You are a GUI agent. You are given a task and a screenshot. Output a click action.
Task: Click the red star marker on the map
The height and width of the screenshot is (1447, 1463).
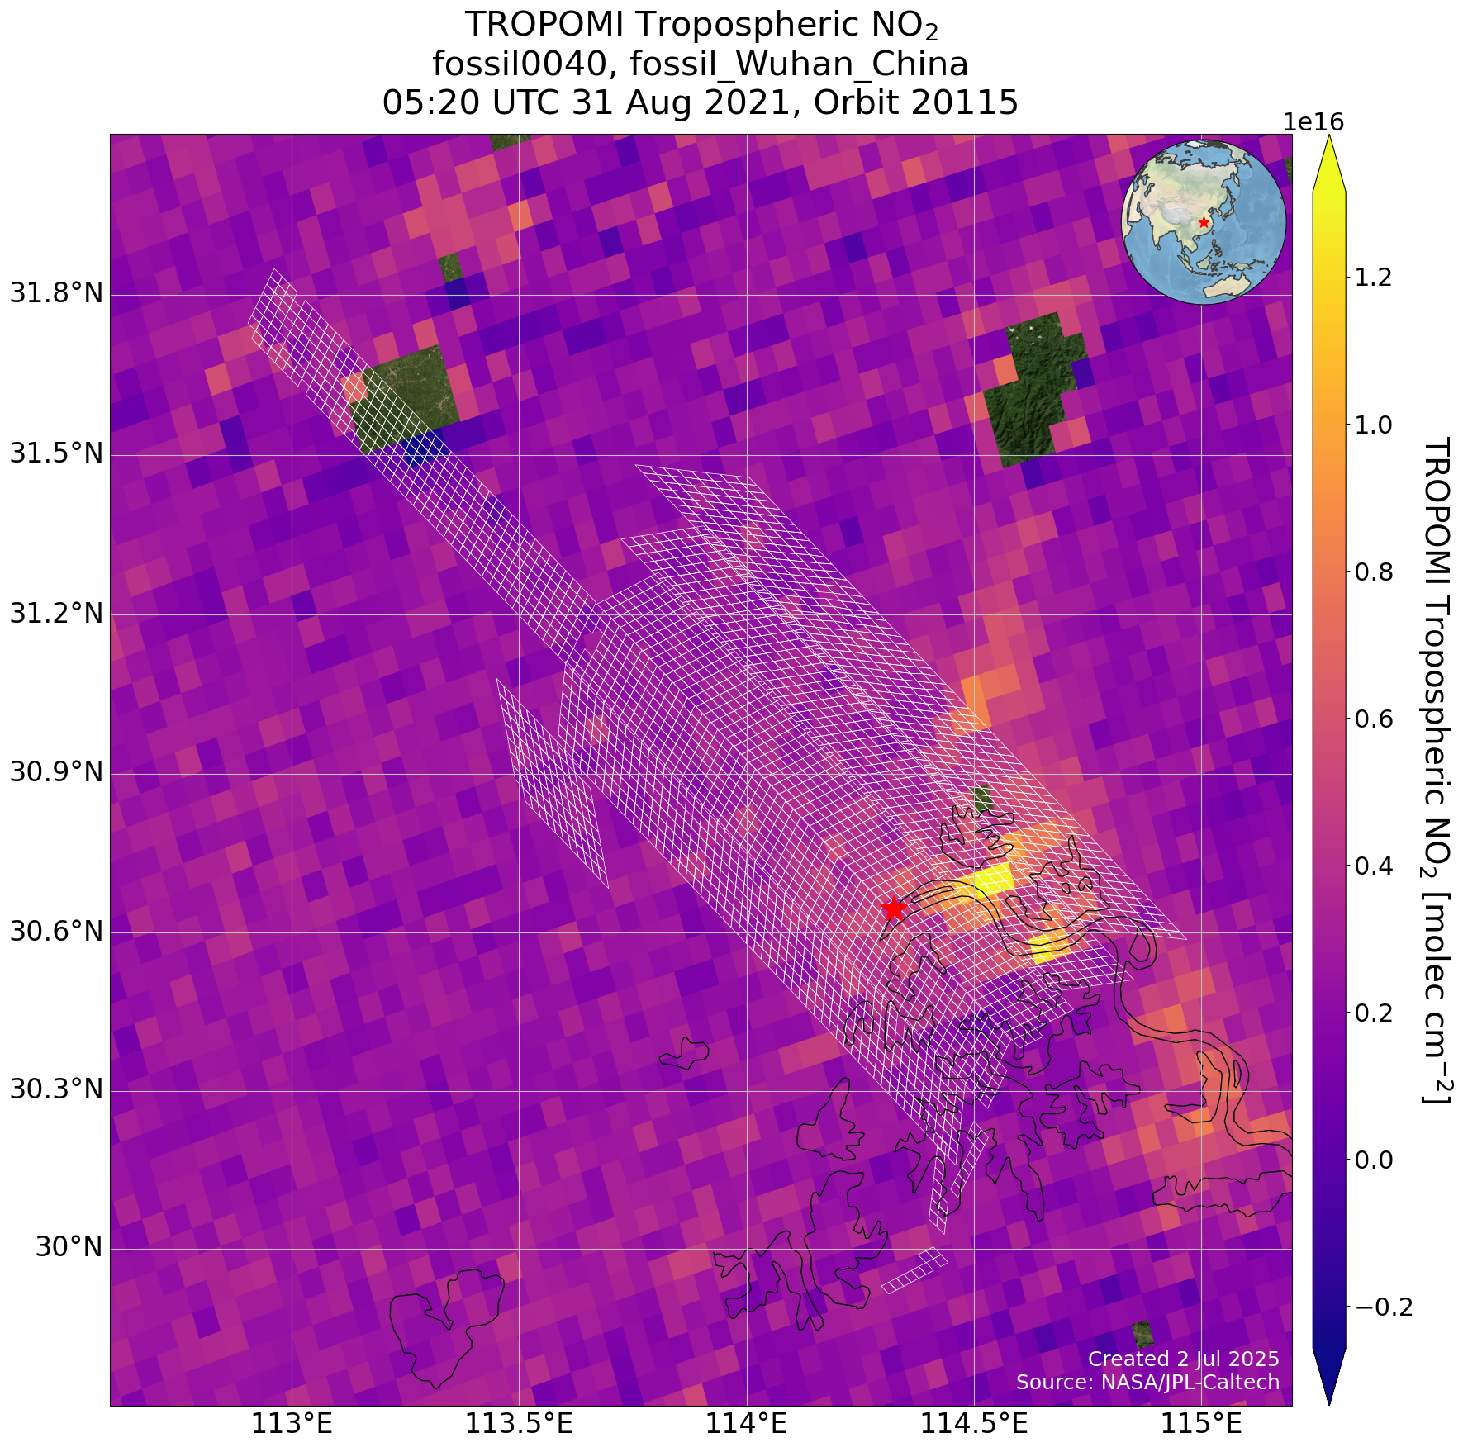tap(893, 909)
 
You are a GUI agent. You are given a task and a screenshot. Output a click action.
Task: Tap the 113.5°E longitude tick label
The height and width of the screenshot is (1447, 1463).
tap(519, 1424)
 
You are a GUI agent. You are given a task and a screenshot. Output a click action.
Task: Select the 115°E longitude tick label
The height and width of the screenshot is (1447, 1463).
tap(1199, 1424)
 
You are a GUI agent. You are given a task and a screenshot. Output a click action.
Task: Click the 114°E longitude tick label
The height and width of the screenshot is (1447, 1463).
tap(747, 1424)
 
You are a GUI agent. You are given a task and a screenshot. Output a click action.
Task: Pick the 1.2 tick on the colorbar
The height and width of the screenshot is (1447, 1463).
tap(1374, 278)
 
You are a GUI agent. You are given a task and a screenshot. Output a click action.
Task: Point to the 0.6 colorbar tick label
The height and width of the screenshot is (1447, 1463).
tap(1374, 719)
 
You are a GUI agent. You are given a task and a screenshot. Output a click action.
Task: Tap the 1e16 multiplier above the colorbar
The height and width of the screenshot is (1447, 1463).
tap(1313, 122)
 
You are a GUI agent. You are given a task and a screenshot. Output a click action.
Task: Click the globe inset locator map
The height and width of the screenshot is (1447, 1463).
tap(1204, 221)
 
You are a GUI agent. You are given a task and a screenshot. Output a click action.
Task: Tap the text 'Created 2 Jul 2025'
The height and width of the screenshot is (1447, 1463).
tap(1183, 1359)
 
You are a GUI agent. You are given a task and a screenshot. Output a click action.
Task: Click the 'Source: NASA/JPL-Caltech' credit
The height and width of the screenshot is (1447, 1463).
tap(1147, 1382)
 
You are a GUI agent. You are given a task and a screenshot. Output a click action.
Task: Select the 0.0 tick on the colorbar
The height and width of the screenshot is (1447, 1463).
tap(1374, 1160)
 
